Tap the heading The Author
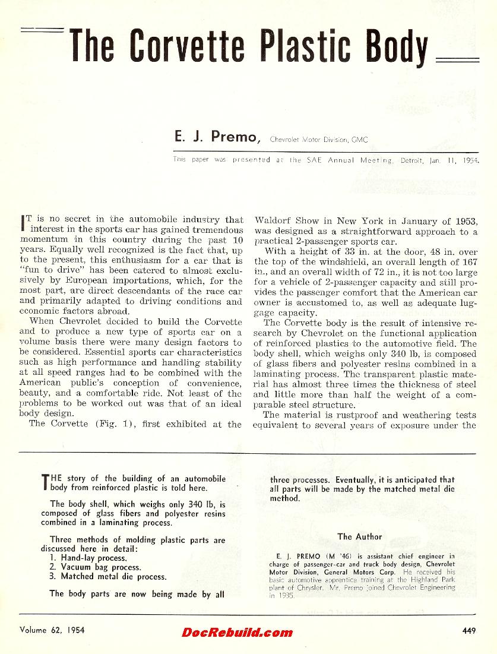click(x=360, y=536)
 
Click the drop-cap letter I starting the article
click(x=22, y=224)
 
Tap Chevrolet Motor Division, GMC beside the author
click(x=318, y=140)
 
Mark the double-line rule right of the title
click(x=457, y=59)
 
